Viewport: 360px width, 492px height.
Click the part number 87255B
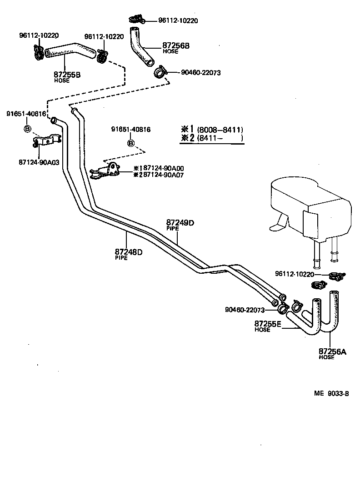(x=67, y=74)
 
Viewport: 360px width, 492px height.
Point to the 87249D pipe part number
(x=180, y=222)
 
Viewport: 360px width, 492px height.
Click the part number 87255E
(x=268, y=324)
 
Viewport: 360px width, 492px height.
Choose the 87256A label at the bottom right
(x=332, y=351)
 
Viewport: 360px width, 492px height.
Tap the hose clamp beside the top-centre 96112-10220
(x=136, y=19)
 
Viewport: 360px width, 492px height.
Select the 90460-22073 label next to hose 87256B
(x=200, y=72)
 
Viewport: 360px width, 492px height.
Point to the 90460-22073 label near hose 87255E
(x=245, y=310)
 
